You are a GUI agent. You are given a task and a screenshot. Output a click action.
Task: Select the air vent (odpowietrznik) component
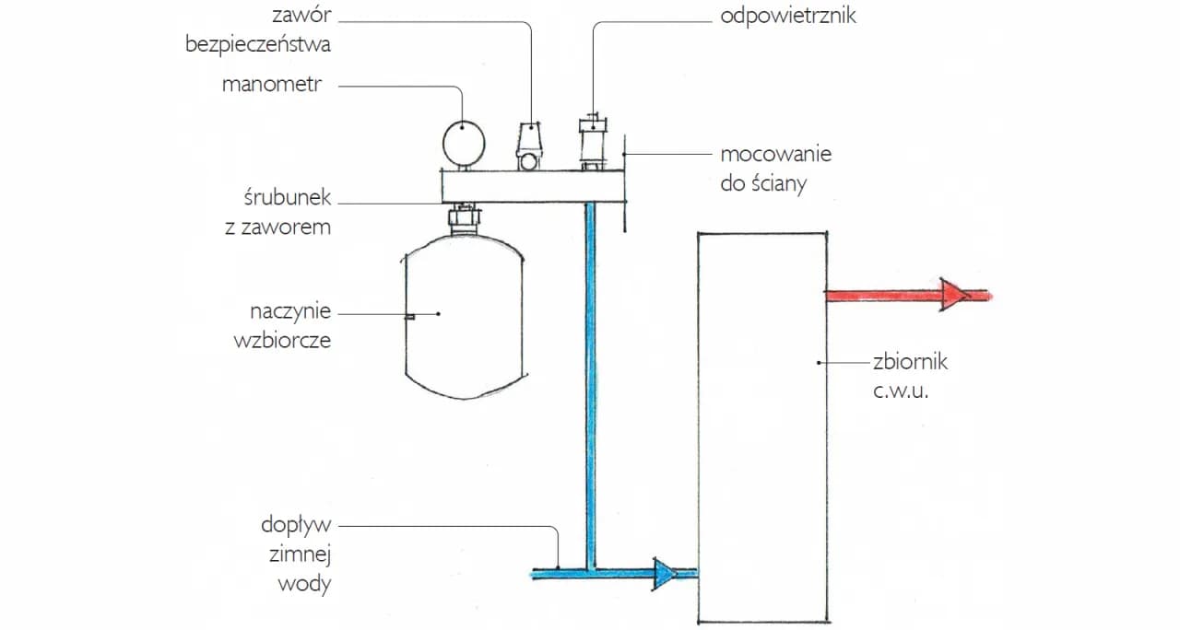pyautogui.click(x=591, y=143)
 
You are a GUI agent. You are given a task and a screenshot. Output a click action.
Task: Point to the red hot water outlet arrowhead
pyautogui.click(x=954, y=296)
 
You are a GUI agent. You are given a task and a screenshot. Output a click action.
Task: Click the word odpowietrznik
pyautogui.click(x=787, y=17)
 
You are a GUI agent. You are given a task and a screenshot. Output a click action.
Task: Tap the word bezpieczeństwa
pyautogui.click(x=257, y=43)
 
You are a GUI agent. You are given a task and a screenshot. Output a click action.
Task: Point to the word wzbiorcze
pyautogui.click(x=282, y=339)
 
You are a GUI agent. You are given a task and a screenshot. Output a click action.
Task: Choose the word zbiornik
pyautogui.click(x=910, y=361)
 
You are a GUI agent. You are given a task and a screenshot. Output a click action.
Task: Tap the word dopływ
pyautogui.click(x=295, y=527)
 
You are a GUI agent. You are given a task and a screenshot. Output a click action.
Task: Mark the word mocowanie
pyautogui.click(x=775, y=153)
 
